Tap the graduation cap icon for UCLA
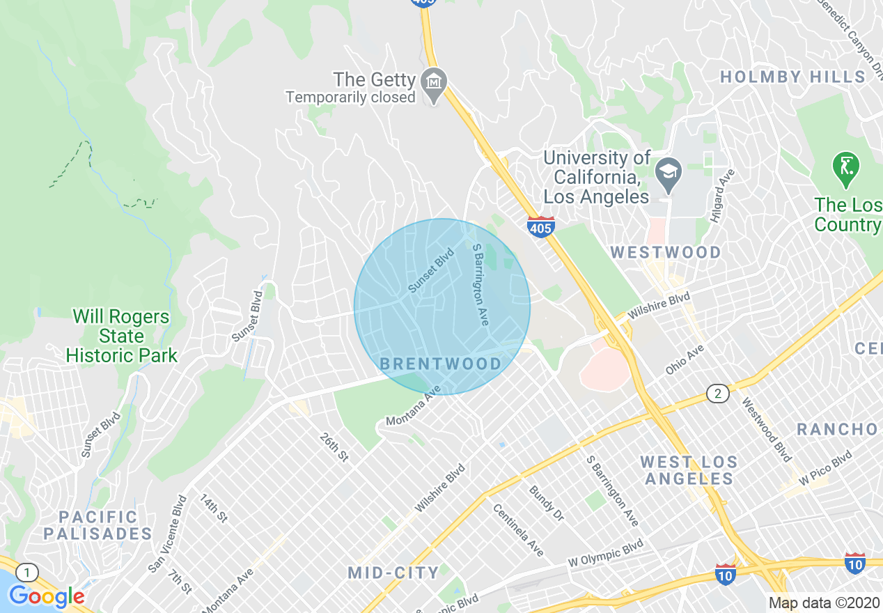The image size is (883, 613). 669,171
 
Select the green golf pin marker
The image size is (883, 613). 845,168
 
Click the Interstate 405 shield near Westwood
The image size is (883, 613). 540,227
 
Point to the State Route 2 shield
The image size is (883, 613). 717,394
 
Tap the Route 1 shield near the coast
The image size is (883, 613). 26,573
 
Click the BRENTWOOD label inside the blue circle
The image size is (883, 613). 440,364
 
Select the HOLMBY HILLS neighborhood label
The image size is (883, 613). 792,77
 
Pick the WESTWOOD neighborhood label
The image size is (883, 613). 666,252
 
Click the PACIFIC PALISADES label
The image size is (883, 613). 97,526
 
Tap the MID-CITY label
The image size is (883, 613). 393,573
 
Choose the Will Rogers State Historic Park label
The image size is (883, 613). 121,336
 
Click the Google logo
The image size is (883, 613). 46,596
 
